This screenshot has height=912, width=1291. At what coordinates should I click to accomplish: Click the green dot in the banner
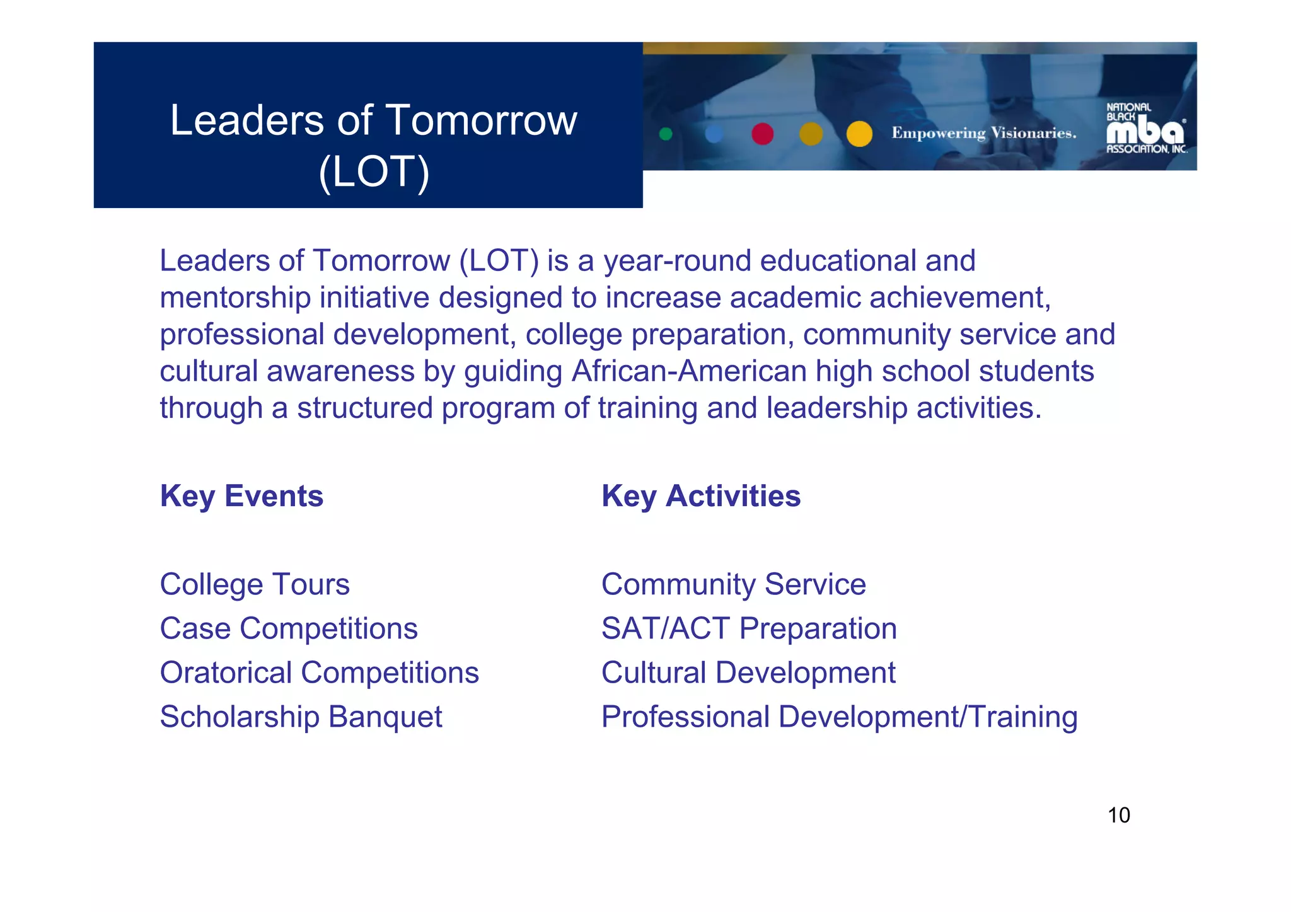666,134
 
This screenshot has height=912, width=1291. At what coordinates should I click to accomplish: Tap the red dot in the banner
763,134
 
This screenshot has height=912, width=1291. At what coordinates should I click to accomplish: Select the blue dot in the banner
714,134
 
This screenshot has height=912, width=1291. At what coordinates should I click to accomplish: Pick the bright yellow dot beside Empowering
859,134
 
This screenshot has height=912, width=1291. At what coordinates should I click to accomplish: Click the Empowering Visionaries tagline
983,133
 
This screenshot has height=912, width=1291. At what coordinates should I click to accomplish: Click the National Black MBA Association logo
1146,129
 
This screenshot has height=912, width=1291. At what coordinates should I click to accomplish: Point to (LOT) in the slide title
374,172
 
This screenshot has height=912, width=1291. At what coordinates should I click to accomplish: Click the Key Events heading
241,496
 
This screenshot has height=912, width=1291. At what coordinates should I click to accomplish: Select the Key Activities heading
701,496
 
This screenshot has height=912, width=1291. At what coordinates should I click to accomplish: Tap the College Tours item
255,584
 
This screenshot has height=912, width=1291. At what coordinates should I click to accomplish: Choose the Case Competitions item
289,628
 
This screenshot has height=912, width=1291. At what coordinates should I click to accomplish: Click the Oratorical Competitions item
319,672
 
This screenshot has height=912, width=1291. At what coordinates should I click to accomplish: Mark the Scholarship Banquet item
301,717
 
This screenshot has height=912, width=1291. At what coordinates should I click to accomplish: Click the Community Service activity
734,584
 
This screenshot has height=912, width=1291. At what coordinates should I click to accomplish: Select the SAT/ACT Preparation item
749,628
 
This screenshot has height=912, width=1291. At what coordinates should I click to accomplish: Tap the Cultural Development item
748,672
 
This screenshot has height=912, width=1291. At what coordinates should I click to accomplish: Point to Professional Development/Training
839,717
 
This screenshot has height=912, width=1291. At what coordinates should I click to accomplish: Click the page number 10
1119,816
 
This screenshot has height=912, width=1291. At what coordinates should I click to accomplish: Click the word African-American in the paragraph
689,371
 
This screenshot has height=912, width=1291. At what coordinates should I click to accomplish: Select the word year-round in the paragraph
677,261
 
